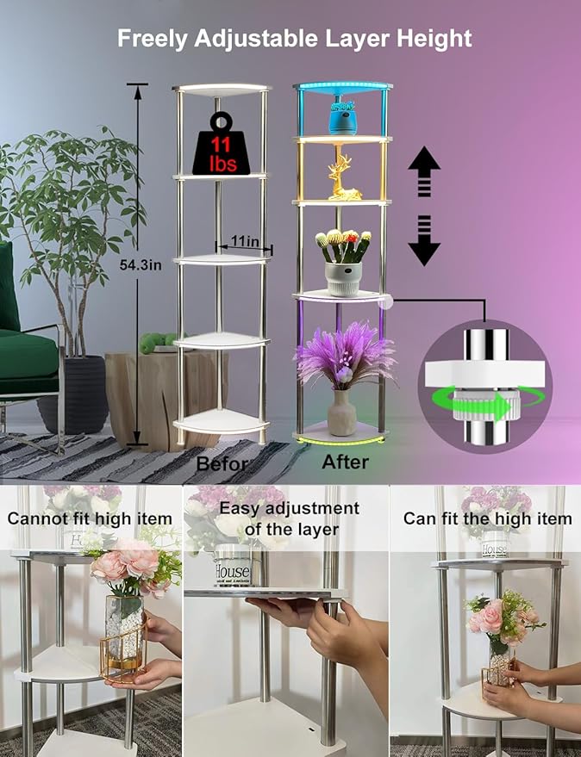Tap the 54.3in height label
point(141,264)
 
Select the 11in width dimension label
point(245,240)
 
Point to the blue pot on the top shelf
point(341,118)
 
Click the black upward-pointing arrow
point(424,171)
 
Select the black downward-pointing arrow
point(424,240)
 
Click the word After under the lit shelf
point(345,462)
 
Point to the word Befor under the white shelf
point(222,464)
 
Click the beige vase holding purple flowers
point(341,413)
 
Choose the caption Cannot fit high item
point(90,519)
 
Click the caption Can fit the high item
point(488,518)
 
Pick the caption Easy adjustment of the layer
point(290,518)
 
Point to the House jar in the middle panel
point(233,566)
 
